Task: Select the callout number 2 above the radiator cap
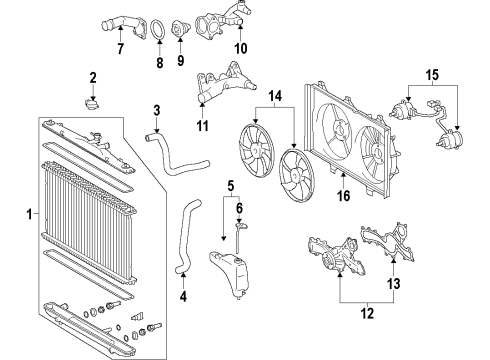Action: pyautogui.click(x=93, y=78)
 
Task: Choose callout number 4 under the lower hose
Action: pyautogui.click(x=183, y=295)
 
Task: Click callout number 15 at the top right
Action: pyautogui.click(x=432, y=74)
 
